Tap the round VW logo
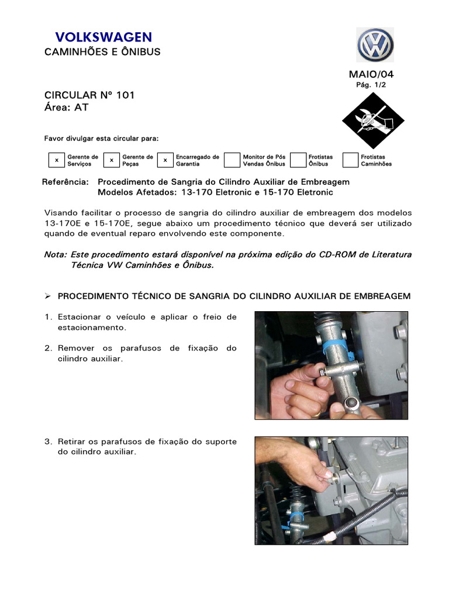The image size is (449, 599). click(x=375, y=45)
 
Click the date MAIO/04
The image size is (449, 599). click(x=371, y=74)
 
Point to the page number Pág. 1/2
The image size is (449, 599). click(x=371, y=85)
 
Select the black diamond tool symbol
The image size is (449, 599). click(x=372, y=119)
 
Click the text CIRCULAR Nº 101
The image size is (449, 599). click(x=89, y=95)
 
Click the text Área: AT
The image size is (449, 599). click(x=67, y=107)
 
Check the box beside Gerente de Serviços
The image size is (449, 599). click(x=56, y=160)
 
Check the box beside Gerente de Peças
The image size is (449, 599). click(x=111, y=160)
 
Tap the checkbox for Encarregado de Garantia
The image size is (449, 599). click(x=165, y=160)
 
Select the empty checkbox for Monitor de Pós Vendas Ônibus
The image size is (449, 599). click(x=232, y=160)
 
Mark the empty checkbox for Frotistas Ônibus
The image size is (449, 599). click(x=298, y=160)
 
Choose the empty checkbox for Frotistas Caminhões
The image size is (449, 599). click(x=350, y=160)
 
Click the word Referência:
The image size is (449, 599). click(x=66, y=182)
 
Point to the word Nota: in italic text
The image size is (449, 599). click(x=56, y=254)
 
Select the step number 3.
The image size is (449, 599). click(x=47, y=442)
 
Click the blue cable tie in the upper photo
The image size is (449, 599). click(x=337, y=345)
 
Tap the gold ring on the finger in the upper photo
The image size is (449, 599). click(x=316, y=412)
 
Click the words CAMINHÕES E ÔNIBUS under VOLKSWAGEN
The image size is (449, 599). click(x=102, y=52)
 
